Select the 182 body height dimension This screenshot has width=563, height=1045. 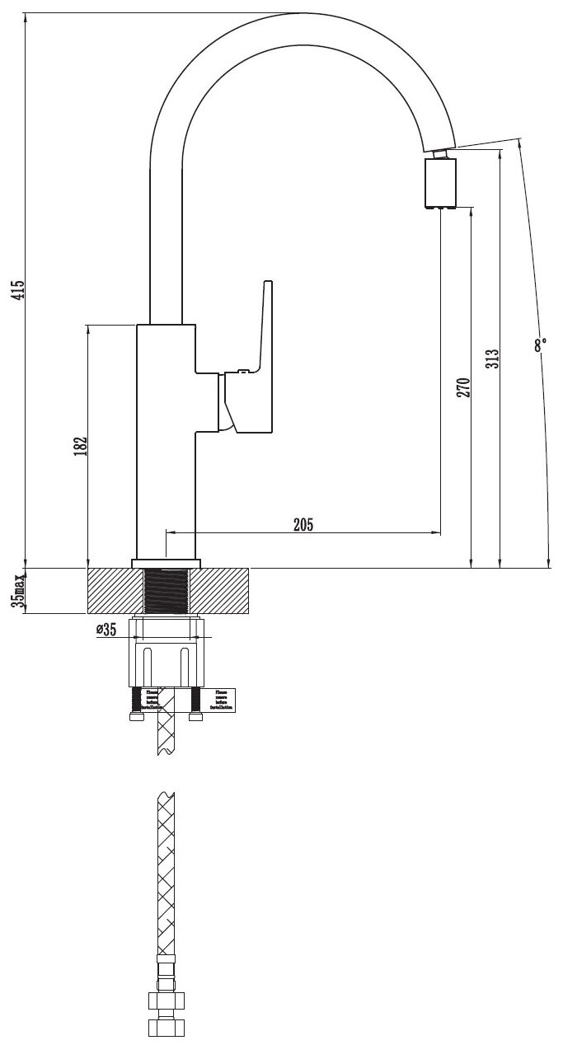tap(80, 445)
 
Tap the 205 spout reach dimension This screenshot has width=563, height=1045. tap(303, 525)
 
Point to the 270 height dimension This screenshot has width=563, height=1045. tap(463, 388)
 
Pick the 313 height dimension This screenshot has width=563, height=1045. tap(492, 358)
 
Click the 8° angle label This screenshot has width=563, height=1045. tap(540, 345)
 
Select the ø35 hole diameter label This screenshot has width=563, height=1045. tap(107, 630)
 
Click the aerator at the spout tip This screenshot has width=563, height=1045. tap(440, 183)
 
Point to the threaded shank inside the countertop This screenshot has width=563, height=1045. tap(167, 591)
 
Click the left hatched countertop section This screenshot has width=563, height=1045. tap(115, 591)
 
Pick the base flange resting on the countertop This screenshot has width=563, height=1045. tap(166, 564)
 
